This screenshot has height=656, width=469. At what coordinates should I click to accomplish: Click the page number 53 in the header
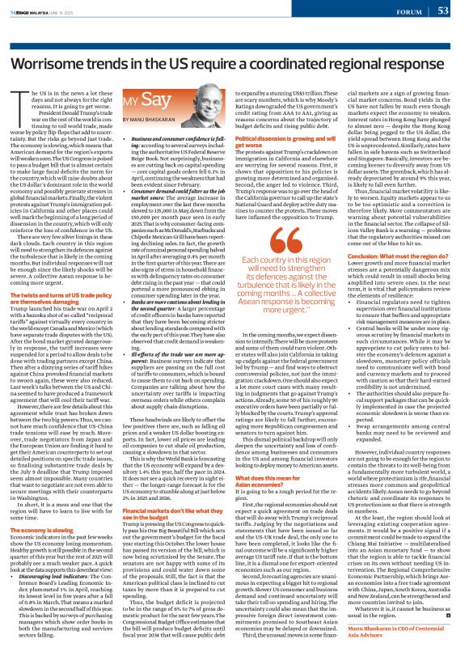442,11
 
